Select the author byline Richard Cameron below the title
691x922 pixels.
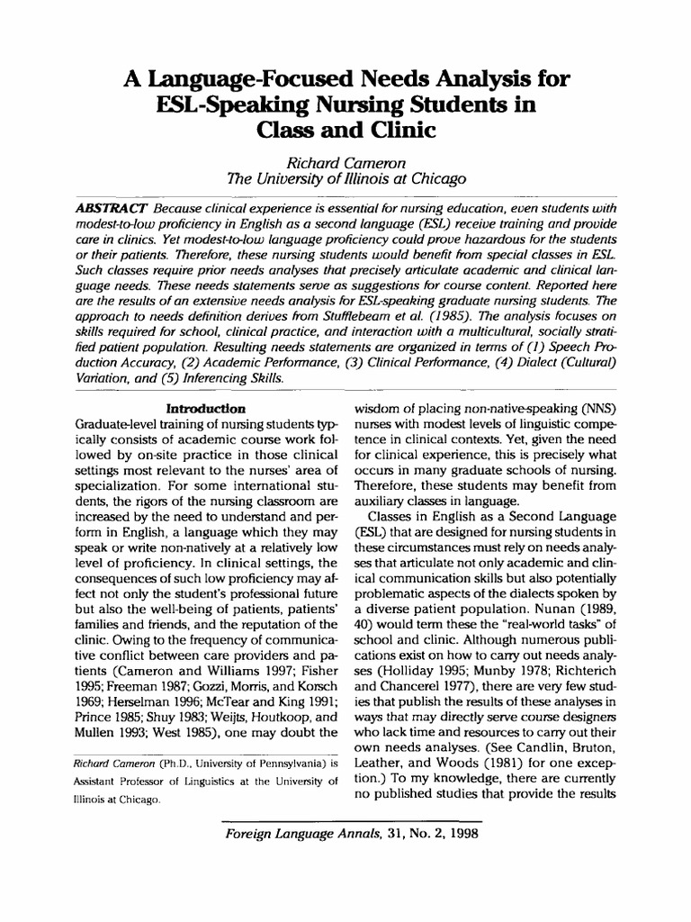[345, 162]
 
